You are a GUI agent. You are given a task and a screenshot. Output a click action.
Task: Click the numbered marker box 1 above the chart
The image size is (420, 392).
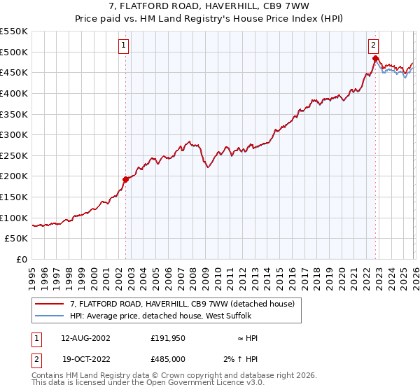coord(123,45)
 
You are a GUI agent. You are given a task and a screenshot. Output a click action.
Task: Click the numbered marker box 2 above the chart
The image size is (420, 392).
coord(374,45)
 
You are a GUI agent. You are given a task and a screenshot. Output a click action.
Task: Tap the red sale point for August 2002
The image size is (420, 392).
coord(126,179)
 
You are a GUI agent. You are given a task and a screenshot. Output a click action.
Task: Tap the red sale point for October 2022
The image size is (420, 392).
coord(375,58)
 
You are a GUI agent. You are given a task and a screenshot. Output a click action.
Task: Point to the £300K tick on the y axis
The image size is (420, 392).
coord(15,134)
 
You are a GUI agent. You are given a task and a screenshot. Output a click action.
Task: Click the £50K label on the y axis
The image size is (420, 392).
coord(17,239)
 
